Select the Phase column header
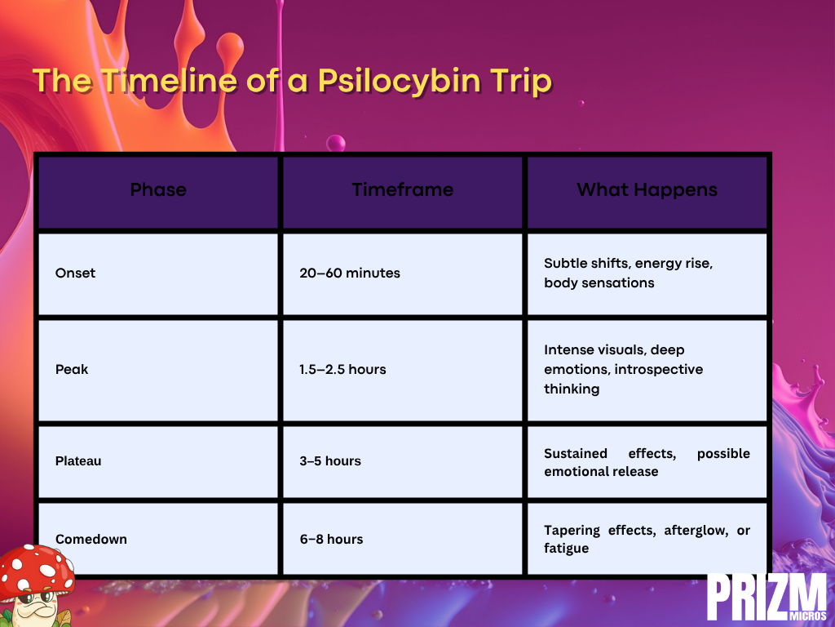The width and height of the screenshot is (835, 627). click(158, 189)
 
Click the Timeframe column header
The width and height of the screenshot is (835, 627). click(403, 189)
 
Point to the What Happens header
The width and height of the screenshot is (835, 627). click(647, 189)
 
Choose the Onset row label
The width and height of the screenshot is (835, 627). click(76, 273)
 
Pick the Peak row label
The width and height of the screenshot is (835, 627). click(72, 369)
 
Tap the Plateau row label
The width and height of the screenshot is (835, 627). click(78, 460)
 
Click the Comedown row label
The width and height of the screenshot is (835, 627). click(91, 539)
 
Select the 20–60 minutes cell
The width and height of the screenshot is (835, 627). click(350, 273)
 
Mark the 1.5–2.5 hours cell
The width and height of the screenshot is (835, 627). click(343, 369)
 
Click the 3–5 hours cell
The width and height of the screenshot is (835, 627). click(330, 460)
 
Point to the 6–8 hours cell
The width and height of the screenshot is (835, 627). click(331, 539)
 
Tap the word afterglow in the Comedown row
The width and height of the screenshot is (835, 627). click(696, 531)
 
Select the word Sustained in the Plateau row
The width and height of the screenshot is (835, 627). click(576, 453)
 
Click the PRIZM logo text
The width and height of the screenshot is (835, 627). click(767, 597)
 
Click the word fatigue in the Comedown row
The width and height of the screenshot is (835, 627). click(566, 549)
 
